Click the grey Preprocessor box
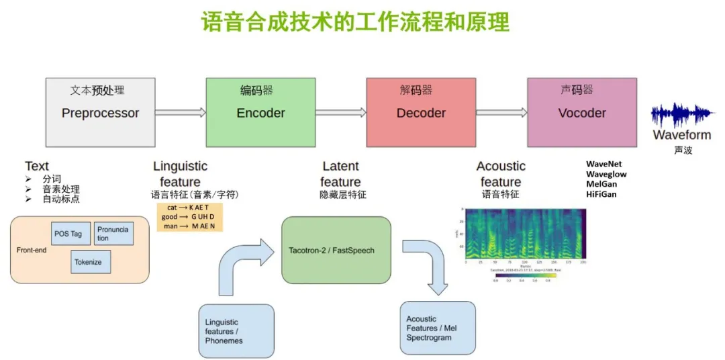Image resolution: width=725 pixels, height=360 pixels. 100,112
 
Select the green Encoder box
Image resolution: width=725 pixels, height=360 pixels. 260,112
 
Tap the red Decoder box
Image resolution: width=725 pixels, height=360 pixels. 421,112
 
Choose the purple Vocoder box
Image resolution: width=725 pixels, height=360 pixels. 581,112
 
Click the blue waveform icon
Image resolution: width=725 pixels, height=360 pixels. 681,116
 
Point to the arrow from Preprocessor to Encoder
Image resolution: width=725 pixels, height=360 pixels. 181,113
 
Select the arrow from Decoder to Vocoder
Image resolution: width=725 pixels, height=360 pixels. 501,113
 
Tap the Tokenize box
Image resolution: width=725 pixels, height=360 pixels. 91,262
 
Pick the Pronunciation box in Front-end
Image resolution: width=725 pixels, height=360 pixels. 114,234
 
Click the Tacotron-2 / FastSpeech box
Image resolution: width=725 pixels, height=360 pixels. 336,250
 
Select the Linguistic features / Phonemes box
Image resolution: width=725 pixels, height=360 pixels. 236,331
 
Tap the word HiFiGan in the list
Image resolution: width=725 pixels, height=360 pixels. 601,194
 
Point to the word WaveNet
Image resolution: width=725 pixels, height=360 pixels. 604,164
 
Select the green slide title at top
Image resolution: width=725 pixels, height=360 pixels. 356,21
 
